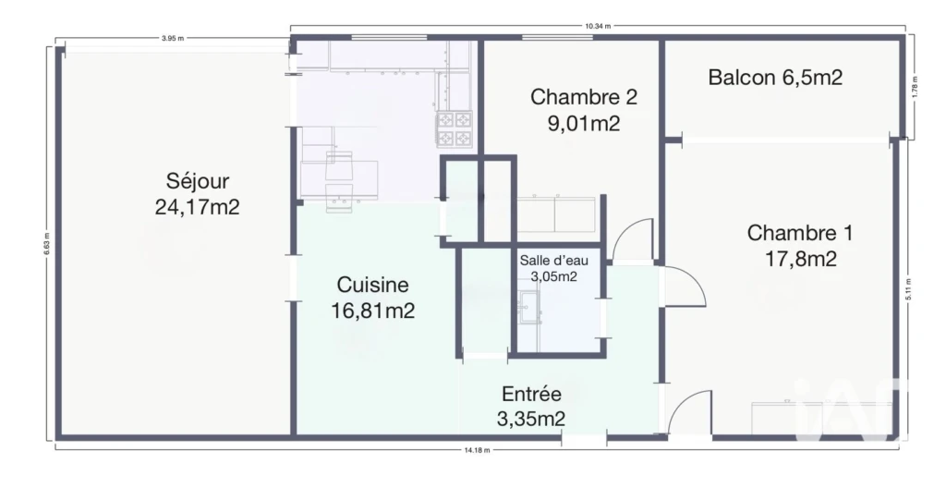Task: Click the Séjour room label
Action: coord(198,181)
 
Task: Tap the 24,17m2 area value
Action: coord(198,207)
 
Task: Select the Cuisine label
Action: coord(372,285)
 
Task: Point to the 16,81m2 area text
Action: coord(372,311)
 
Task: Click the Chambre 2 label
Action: coord(584,97)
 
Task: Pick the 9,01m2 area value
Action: coord(584,123)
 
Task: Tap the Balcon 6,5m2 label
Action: coord(775,78)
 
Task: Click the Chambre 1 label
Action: coord(800,233)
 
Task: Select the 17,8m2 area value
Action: coord(801,259)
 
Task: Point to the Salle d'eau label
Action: coord(554,261)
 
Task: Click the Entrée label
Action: coord(531,395)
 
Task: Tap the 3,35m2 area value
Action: coord(531,419)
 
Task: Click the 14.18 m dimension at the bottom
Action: coord(478,450)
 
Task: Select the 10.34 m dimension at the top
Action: coord(598,26)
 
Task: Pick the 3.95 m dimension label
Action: coord(173,38)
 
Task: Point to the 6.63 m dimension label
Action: coord(46,243)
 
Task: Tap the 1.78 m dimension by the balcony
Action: coord(915,86)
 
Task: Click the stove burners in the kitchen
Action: coord(455,128)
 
